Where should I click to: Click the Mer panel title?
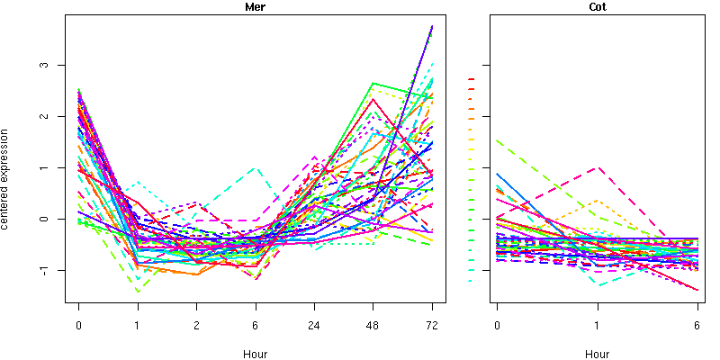[255, 7]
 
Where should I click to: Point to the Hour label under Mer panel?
[255, 354]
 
